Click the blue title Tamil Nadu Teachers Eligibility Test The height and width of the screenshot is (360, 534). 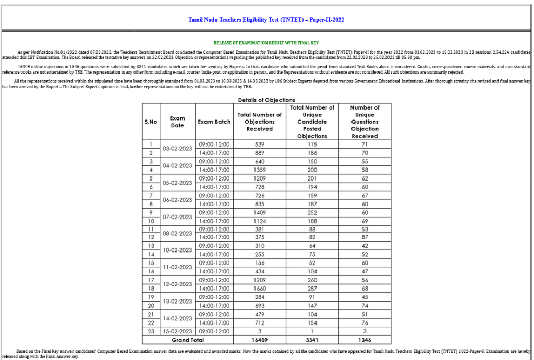click(266, 20)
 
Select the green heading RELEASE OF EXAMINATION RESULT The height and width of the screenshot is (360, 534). click(266, 42)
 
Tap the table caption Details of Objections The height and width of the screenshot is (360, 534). click(266, 100)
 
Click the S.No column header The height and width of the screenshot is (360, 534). click(151, 122)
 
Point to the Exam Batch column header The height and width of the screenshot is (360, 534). click(214, 122)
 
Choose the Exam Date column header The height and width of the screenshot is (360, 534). click(177, 122)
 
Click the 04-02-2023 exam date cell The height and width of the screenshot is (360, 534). click(177, 165)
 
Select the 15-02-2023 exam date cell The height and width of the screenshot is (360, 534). click(177, 331)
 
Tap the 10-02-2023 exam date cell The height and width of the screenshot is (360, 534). click(177, 250)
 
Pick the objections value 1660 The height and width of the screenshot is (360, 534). click(259, 289)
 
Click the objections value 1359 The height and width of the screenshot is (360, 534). click(259, 170)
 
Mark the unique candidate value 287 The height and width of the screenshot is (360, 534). click(312, 289)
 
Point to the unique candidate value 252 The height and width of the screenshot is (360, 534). click(312, 212)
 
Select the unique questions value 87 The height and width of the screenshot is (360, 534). click(365, 237)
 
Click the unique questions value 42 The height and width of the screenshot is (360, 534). click(365, 246)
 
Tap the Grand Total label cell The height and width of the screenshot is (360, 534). click(177, 340)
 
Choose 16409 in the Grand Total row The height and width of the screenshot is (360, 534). click(259, 340)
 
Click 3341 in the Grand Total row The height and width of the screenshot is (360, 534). click(312, 340)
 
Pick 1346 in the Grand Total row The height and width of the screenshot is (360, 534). click(365, 340)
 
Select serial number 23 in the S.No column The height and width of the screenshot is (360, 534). click(151, 331)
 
